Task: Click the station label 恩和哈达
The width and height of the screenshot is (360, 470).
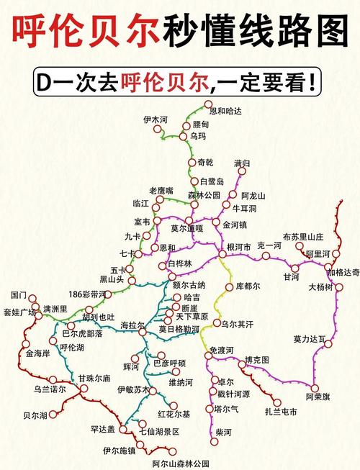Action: tap(225, 111)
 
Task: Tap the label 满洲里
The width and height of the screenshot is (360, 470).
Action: tap(55, 309)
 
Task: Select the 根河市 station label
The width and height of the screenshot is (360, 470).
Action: tap(238, 246)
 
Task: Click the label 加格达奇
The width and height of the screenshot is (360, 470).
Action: tap(343, 272)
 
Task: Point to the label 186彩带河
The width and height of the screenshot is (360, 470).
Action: tap(86, 294)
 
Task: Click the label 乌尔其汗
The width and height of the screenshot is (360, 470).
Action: tap(238, 325)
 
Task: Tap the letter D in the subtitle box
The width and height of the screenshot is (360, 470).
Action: tap(43, 81)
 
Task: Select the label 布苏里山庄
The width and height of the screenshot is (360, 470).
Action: tap(303, 236)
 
